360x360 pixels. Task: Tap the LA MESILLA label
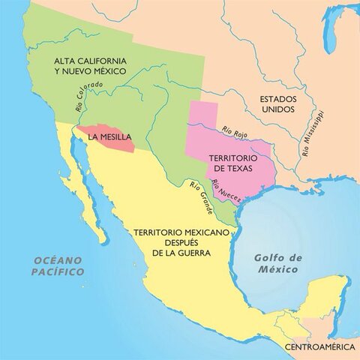point(109,137)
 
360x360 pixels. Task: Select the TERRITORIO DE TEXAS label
point(232,165)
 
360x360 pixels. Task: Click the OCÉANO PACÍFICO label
point(58,265)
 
